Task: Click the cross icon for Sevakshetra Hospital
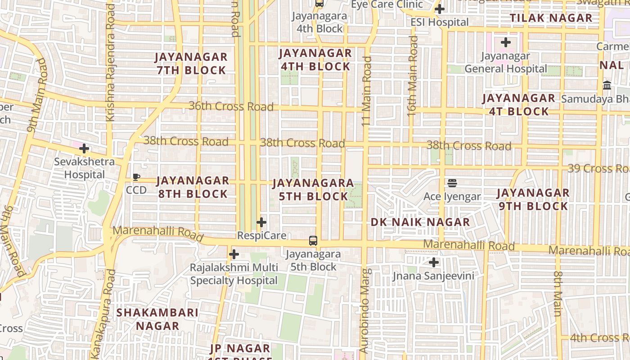84,148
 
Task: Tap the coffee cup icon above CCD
136,177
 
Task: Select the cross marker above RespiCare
261,222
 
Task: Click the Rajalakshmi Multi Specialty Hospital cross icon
234,255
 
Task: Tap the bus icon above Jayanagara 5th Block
313,240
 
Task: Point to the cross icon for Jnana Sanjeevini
434,262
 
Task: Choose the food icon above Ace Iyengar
452,183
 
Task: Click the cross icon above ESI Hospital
440,9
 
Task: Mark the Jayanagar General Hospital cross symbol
506,43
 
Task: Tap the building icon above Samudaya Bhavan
607,85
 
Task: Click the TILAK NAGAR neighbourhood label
551,18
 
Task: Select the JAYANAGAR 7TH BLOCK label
191,63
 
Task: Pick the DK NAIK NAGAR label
420,222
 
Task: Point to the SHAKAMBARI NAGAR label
157,319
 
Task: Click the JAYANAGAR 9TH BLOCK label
533,199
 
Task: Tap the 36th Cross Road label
231,106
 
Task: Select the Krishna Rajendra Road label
110,63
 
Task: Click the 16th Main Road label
412,76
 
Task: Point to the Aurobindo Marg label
364,310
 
